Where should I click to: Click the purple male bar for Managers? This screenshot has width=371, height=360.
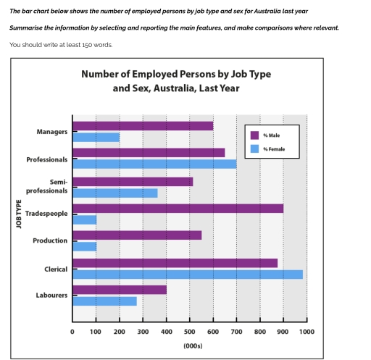click(143, 126)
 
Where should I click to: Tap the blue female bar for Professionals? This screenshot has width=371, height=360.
click(154, 164)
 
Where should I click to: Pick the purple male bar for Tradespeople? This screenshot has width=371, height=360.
click(178, 209)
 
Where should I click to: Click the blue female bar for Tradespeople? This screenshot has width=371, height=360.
click(84, 219)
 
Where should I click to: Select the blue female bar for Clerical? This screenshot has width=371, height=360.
click(188, 275)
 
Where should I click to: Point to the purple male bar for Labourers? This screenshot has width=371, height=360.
click(120, 290)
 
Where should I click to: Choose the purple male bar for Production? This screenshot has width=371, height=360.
click(137, 235)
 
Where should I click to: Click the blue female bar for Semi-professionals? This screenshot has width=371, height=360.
click(114, 193)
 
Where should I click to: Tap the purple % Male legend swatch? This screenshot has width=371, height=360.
click(254, 134)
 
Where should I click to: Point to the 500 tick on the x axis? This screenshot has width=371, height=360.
click(189, 331)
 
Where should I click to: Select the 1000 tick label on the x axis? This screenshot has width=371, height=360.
click(307, 331)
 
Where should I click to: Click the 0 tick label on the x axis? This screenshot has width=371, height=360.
click(72, 331)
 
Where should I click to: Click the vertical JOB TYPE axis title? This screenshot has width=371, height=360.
click(19, 214)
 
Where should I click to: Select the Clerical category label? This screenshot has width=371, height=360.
click(55, 269)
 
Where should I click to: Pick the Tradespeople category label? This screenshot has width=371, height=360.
click(46, 214)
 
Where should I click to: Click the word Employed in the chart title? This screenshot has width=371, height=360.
click(141, 74)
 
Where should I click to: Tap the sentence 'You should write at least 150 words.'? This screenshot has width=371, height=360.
click(61, 44)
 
